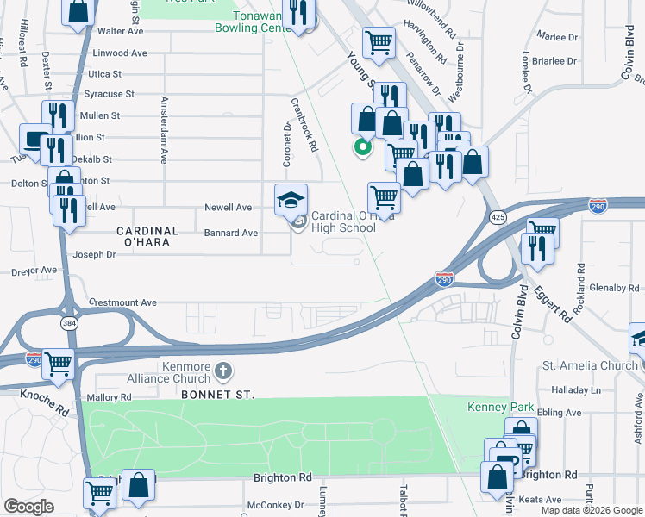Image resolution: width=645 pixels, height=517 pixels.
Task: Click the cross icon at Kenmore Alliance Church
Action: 223,372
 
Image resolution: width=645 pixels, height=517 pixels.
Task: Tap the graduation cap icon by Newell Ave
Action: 291,199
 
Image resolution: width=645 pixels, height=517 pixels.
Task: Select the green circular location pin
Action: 363,146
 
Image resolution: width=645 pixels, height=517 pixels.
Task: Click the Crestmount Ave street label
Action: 123,302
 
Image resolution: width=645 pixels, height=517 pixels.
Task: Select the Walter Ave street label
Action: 120,30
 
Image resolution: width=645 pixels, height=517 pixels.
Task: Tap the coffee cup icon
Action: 34,138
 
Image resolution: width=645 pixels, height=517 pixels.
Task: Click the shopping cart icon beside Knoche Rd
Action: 58,364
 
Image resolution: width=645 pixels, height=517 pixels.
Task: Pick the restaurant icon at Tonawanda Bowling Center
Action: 298,12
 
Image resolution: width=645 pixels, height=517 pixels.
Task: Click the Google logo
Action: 28,507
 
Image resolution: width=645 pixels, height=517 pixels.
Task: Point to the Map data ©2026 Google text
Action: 592,510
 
